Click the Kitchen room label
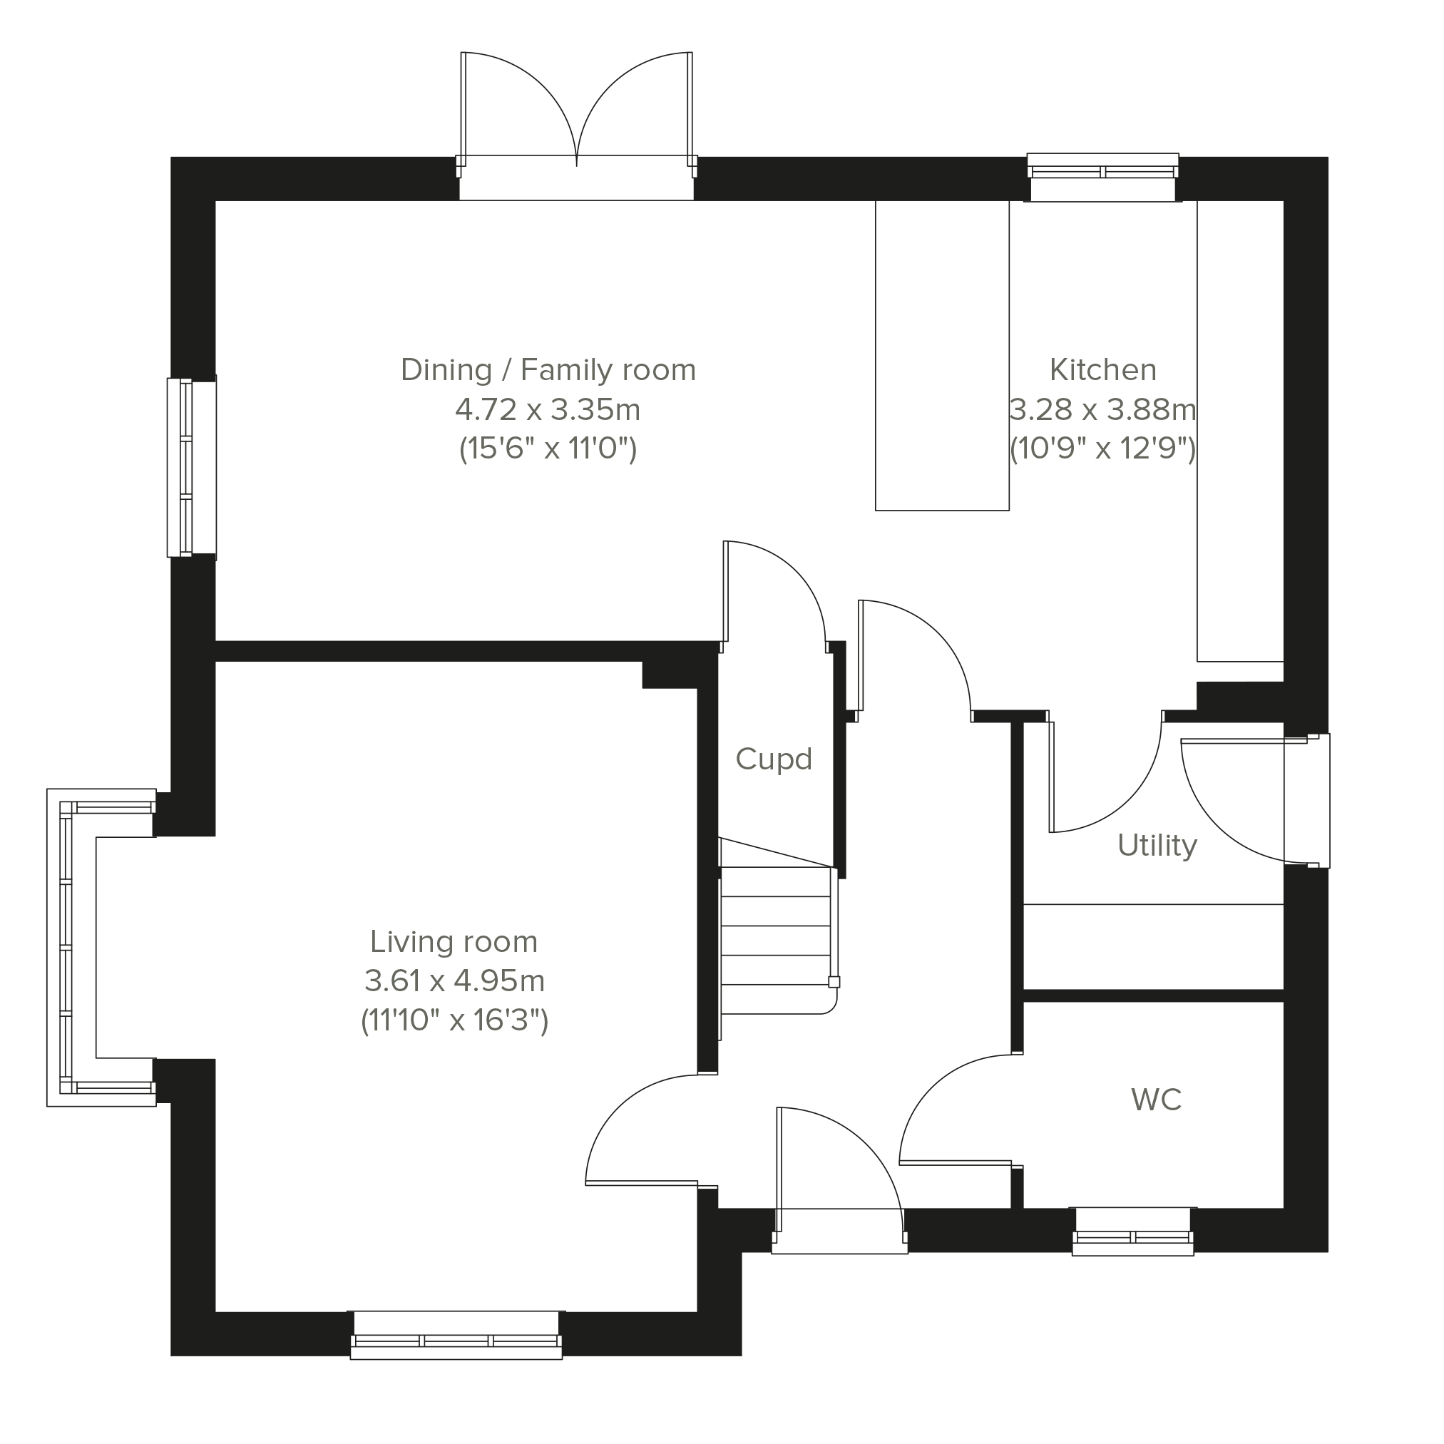tap(1102, 370)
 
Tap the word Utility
tap(1157, 845)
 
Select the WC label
tap(1156, 1100)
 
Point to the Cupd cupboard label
tap(774, 759)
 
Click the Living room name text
tap(454, 942)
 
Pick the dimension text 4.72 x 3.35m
tap(548, 409)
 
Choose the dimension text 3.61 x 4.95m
tap(454, 980)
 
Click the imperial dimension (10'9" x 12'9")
tap(1102, 449)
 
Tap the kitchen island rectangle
tap(942, 355)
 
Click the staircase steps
tap(777, 940)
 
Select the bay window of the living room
tap(101, 947)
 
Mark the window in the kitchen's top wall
tap(1102, 177)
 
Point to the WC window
tap(1132, 1231)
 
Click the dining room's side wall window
tap(191, 468)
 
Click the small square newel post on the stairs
tap(834, 982)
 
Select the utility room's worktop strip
tap(1153, 946)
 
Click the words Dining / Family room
tap(548, 370)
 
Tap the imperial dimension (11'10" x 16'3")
tap(454, 1020)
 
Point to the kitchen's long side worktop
tap(1240, 431)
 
